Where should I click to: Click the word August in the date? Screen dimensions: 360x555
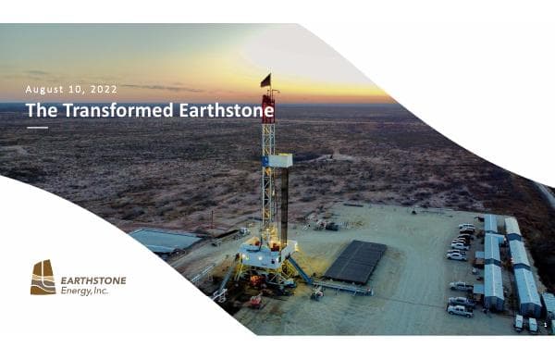47,89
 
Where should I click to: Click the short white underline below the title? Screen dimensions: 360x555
37,128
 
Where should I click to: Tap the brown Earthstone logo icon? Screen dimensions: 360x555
43,277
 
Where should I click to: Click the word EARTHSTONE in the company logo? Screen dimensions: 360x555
93,280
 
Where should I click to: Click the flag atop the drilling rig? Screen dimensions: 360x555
265,81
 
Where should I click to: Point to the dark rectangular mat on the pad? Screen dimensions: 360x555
354,260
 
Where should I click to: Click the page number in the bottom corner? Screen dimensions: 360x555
545,325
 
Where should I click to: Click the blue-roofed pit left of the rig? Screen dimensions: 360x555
165,241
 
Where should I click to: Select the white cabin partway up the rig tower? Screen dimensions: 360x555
278,160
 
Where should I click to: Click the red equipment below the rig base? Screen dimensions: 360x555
254,301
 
